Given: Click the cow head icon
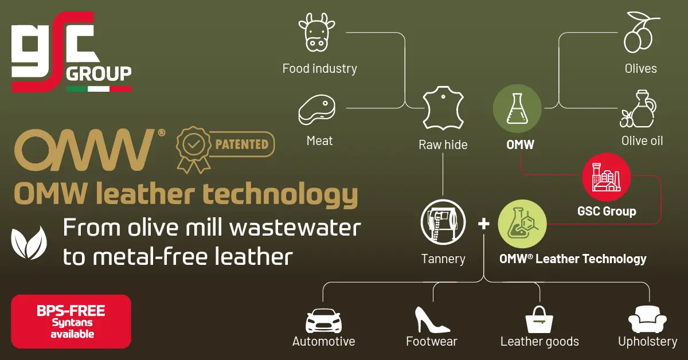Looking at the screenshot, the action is (x=316, y=32).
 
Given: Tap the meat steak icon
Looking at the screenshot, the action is (x=316, y=109).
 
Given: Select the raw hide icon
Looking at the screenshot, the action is (x=443, y=108).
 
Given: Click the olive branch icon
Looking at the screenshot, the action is (x=640, y=32).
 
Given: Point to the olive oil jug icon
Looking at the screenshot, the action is (x=638, y=108).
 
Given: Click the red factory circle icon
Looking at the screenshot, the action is (x=607, y=177).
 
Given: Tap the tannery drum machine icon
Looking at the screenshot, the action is (x=443, y=222).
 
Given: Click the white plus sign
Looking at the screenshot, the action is (x=484, y=224).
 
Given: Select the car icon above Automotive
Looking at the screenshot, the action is (x=323, y=320).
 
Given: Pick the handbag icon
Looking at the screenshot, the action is (x=540, y=319).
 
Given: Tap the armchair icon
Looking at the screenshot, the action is (x=647, y=319).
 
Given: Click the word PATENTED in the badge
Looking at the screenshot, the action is (x=242, y=144).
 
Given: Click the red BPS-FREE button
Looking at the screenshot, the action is (x=71, y=321).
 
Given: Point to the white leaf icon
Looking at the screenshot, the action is (x=29, y=242).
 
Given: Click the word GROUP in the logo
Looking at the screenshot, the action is (x=99, y=74).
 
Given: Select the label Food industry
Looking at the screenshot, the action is (x=319, y=68).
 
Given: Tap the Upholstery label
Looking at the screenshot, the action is (x=647, y=342).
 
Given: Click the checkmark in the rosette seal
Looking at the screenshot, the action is (x=194, y=144).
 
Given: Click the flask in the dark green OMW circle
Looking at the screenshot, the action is (x=517, y=108).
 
